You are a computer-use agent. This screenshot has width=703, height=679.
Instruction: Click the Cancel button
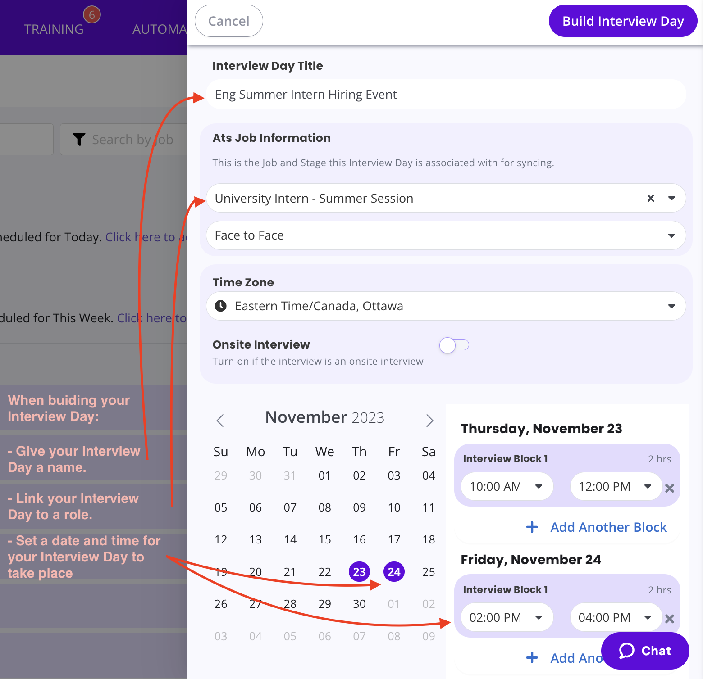tap(228, 21)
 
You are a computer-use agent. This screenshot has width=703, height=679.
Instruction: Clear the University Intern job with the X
tap(650, 198)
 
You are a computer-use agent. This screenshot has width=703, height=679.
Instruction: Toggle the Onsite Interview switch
tap(454, 345)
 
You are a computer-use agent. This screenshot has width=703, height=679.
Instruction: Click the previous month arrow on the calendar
tap(220, 421)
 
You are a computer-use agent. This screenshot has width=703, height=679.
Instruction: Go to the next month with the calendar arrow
tap(429, 421)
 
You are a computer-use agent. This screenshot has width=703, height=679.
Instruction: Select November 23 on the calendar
tap(359, 572)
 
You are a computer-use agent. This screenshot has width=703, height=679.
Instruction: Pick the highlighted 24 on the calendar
tap(394, 572)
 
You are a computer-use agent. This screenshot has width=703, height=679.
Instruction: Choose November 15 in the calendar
tap(324, 539)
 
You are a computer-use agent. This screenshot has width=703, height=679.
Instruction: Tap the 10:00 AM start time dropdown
tap(507, 487)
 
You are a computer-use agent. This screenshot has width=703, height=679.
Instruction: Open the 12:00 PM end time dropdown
tap(616, 487)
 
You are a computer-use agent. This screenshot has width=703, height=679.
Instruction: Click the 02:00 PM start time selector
tap(507, 618)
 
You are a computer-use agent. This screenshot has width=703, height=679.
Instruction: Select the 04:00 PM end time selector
tap(616, 618)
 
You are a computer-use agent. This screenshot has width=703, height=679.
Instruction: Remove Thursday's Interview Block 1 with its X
tap(670, 488)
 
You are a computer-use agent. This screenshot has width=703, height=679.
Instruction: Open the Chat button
tap(645, 651)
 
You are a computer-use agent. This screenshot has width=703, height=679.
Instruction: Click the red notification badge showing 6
tap(92, 15)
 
